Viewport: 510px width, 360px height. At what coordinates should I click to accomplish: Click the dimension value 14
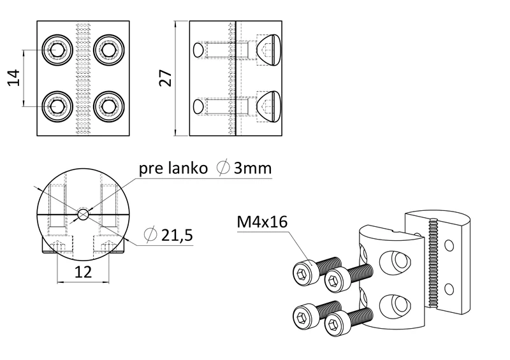click(15, 78)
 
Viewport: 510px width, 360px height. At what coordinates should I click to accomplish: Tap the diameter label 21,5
click(176, 235)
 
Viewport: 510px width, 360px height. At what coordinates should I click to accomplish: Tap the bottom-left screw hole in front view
click(56, 105)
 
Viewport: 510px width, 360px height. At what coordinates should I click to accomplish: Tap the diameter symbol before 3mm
click(223, 169)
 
